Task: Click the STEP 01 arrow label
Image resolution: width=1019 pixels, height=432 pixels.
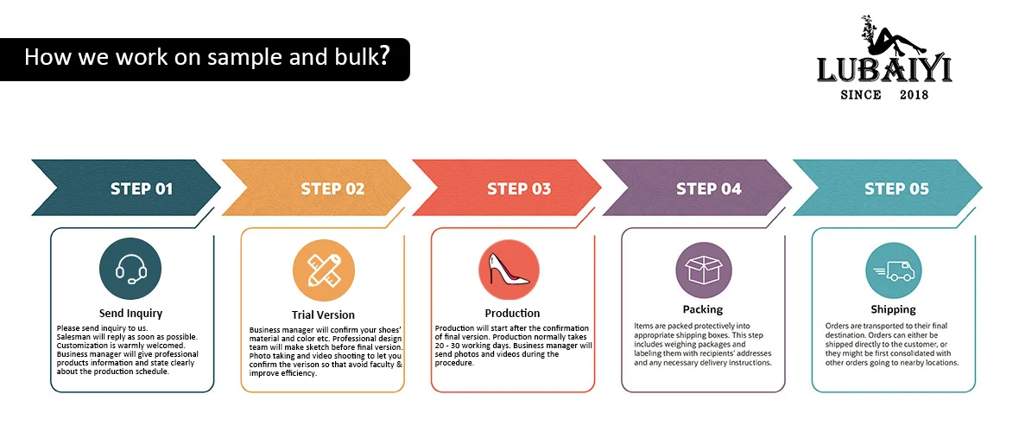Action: point(142,188)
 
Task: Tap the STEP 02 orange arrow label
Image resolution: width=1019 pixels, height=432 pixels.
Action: point(332,188)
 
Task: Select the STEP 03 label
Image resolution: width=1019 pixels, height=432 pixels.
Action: point(518,188)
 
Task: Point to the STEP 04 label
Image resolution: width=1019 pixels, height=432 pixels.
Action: point(708,188)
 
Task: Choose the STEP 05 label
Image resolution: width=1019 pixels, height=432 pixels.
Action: point(896,188)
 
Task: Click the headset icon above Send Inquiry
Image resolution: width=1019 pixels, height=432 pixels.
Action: point(131,269)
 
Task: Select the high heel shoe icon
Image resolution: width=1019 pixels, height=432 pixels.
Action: point(509,270)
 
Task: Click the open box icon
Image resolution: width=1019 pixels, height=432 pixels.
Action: point(702,269)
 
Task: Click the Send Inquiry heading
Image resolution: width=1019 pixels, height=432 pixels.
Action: point(131,313)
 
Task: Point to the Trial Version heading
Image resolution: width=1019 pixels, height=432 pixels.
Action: point(323,314)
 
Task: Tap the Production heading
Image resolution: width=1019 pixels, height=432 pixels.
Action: point(512,313)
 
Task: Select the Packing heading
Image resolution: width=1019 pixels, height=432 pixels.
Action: point(702,308)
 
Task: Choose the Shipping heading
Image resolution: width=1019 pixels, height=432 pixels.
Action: point(893,308)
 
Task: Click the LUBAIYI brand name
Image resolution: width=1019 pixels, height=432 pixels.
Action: point(884,70)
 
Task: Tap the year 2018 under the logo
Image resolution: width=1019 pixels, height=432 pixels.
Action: point(914,94)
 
